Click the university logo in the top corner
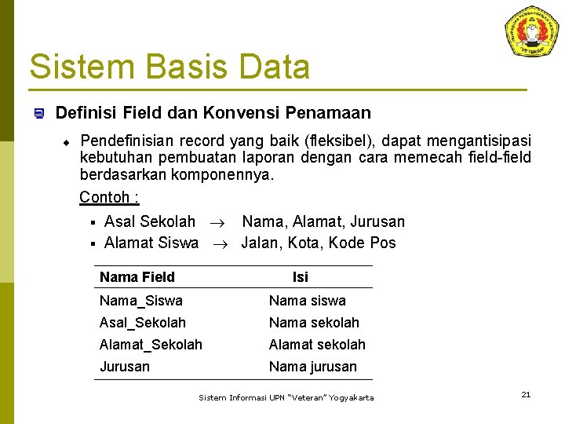click(x=531, y=31)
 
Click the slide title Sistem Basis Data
click(x=169, y=67)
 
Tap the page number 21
click(x=526, y=394)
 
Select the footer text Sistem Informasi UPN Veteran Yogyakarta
click(x=286, y=398)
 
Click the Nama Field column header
click(x=137, y=277)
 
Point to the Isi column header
click(x=301, y=277)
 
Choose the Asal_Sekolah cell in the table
click(x=143, y=323)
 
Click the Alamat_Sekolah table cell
click(x=151, y=345)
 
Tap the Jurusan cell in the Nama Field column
click(x=125, y=367)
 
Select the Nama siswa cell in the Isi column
click(x=307, y=301)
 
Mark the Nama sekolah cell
click(x=314, y=323)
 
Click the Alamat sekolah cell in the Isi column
click(x=317, y=345)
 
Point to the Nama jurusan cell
click(x=312, y=367)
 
